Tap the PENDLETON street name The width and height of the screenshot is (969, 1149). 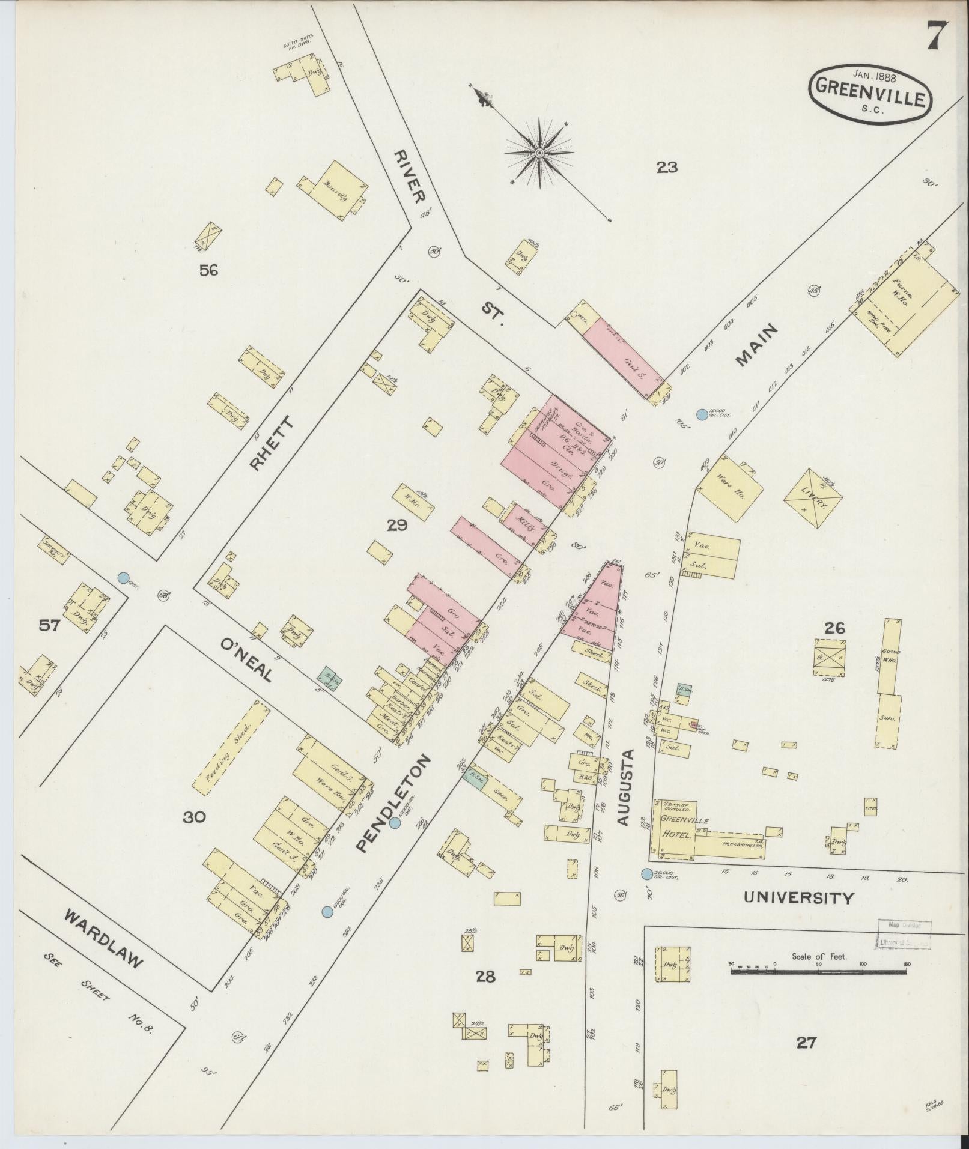click(x=393, y=803)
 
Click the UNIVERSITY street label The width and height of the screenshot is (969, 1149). click(x=798, y=898)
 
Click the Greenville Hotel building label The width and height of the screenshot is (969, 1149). click(x=677, y=827)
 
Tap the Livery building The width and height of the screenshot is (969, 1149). click(x=813, y=499)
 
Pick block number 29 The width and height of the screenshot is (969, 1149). click(x=397, y=526)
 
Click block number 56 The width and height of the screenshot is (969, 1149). click(x=208, y=271)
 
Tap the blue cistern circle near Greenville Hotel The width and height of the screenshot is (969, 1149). click(x=646, y=873)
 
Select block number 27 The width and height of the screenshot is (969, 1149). click(x=806, y=1043)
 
